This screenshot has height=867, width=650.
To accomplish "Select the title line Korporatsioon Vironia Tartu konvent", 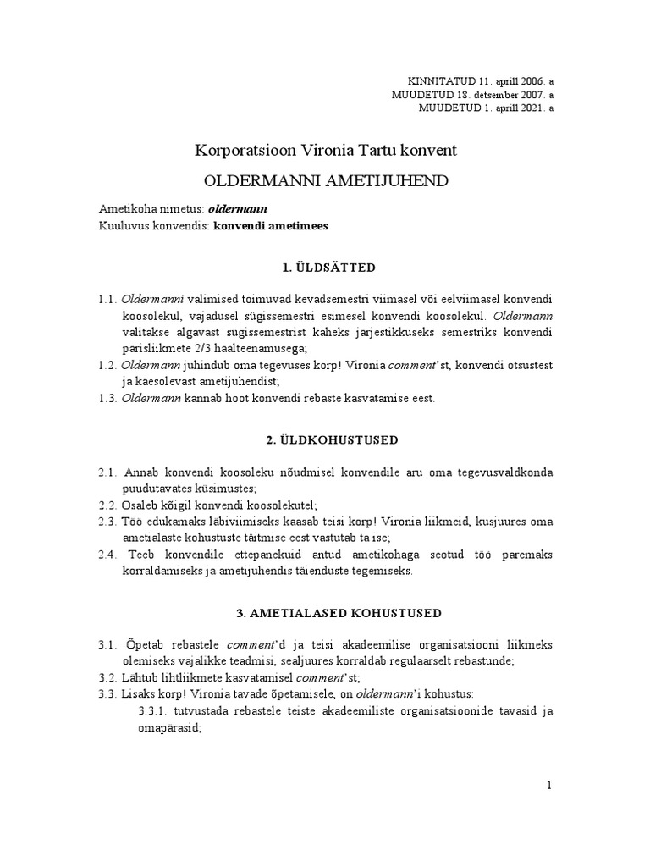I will coord(325,151).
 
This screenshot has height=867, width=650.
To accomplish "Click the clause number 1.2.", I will coord(106,364).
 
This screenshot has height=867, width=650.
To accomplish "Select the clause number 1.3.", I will coord(106,398).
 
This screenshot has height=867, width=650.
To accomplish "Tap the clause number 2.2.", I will coord(106,504).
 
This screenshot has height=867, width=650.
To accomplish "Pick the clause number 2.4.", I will coord(106,555).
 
